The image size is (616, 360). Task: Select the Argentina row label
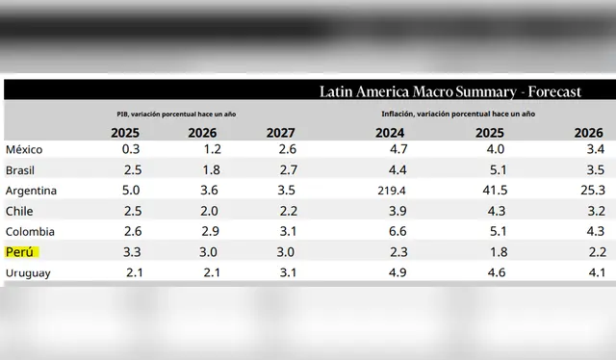pyautogui.click(x=31, y=191)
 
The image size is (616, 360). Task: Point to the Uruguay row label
pyautogui.click(x=29, y=273)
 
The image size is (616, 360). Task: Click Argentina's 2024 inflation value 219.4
pyautogui.click(x=390, y=191)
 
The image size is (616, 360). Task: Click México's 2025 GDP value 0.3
pyautogui.click(x=132, y=149)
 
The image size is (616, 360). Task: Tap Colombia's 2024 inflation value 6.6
pyautogui.click(x=397, y=232)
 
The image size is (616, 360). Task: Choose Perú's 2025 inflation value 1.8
pyautogui.click(x=496, y=252)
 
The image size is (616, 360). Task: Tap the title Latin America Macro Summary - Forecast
pyautogui.click(x=450, y=92)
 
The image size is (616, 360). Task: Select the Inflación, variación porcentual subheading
pyautogui.click(x=457, y=114)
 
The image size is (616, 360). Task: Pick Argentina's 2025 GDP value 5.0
pyautogui.click(x=132, y=191)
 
